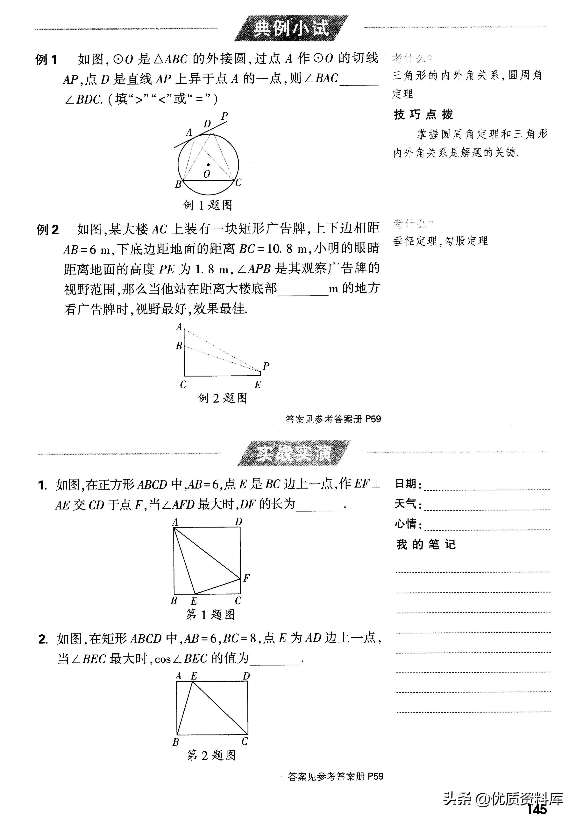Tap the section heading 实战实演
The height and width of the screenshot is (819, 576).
tap(294, 454)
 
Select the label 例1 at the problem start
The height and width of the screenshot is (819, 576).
tap(46, 60)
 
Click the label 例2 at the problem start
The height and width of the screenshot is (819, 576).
tap(47, 230)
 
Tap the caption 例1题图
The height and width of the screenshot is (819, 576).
tap(208, 205)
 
